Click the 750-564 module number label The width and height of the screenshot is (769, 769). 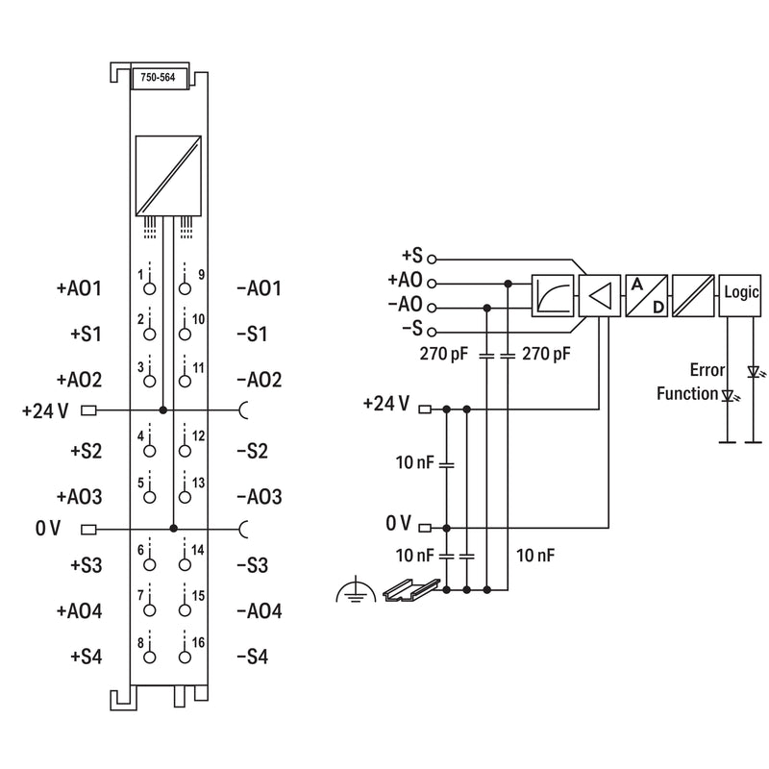[x=158, y=78]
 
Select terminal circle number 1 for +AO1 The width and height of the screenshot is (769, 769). [x=150, y=288]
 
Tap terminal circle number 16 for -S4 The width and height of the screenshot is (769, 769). [x=185, y=657]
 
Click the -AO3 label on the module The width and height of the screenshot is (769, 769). [x=260, y=497]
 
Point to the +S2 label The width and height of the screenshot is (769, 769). [x=87, y=451]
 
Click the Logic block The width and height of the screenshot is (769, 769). [x=740, y=296]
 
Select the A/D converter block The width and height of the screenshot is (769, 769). [x=646, y=296]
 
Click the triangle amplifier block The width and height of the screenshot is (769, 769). [x=600, y=296]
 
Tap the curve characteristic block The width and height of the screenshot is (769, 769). [x=553, y=296]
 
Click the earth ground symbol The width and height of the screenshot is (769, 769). [x=356, y=590]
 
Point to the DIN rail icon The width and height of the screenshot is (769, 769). [x=411, y=590]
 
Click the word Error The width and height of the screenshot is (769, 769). [x=707, y=370]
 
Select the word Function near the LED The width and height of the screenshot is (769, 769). [x=687, y=393]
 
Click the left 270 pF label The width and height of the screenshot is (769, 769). [x=444, y=354]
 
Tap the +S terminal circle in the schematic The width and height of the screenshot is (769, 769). [x=432, y=259]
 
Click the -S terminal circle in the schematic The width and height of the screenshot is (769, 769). [x=432, y=332]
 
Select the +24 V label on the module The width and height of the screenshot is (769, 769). [x=45, y=411]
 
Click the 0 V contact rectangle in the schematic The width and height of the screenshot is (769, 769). [x=425, y=528]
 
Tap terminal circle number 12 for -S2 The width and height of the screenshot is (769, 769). [x=185, y=451]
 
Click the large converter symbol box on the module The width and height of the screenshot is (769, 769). [x=168, y=176]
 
